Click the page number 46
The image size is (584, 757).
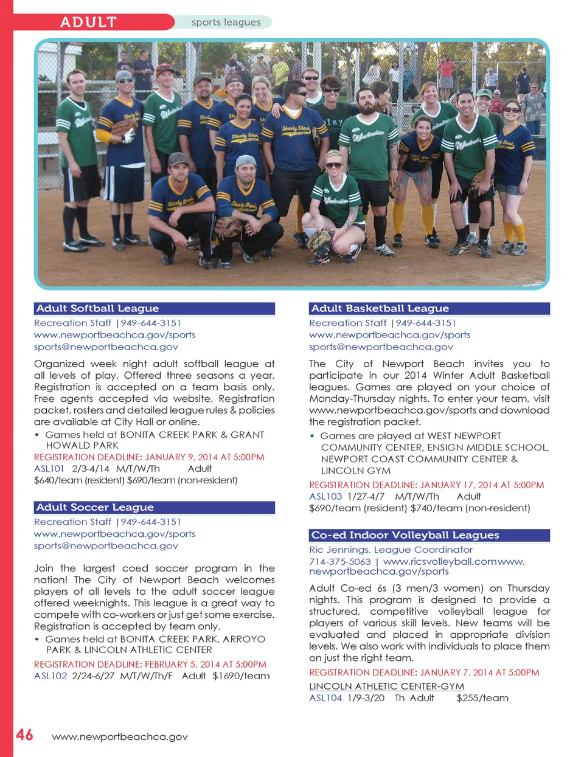click(x=24, y=735)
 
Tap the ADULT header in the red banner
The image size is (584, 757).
click(x=88, y=22)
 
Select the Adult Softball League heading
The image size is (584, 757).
click(x=97, y=308)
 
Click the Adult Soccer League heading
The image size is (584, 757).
click(x=95, y=507)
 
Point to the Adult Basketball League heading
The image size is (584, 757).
click(x=380, y=308)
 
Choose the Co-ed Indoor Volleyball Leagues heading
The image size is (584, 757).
click(x=405, y=535)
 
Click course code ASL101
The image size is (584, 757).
click(x=49, y=469)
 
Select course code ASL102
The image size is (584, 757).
click(x=50, y=676)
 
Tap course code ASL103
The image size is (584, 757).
click(x=325, y=496)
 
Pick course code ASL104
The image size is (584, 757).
click(x=325, y=698)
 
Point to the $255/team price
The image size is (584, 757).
click(x=482, y=698)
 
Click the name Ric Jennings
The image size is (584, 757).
click(x=339, y=550)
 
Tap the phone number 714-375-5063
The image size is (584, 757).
click(x=339, y=561)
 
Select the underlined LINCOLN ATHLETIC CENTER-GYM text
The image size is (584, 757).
click(x=386, y=686)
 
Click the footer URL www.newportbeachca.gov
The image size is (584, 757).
click(x=120, y=737)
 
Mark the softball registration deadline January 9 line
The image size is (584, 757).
click(x=149, y=457)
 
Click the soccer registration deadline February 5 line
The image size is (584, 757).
click(x=150, y=664)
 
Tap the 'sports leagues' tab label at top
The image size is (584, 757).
click(x=226, y=22)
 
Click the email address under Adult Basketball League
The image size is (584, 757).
click(x=381, y=347)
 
